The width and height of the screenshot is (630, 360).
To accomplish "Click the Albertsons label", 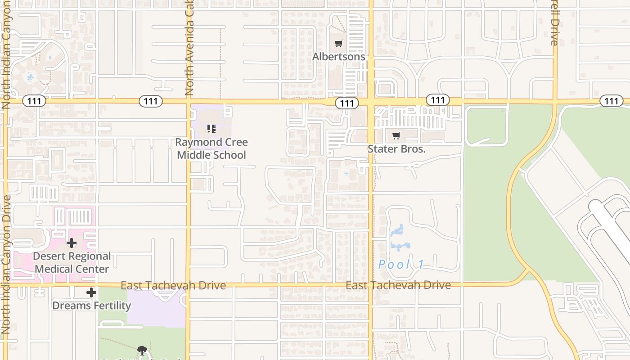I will point(339,57).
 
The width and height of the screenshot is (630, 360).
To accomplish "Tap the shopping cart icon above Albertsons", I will point(339,44).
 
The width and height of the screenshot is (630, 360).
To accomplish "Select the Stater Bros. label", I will point(396,149).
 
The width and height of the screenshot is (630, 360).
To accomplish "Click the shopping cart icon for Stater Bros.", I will point(396,136).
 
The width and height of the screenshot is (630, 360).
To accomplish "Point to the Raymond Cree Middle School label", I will point(211,148).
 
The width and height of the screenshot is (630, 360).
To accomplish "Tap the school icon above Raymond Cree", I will point(211,129).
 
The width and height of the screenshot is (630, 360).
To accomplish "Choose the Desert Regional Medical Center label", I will point(72,262).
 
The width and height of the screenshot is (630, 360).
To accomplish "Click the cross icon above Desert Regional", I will point(71,243).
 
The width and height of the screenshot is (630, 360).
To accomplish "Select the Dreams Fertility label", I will point(91,306).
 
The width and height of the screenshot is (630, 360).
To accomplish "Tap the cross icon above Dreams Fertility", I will point(91,293).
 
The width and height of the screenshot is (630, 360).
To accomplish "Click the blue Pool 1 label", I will point(401,265).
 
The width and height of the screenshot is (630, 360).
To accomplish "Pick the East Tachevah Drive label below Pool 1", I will point(398,285).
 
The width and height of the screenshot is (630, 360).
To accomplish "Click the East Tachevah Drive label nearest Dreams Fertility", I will point(173,285).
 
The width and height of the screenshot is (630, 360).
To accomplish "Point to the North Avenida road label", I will point(189,47).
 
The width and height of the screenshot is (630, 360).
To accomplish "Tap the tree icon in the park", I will point(142,350).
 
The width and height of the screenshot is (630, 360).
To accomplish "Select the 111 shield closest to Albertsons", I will point(347,103).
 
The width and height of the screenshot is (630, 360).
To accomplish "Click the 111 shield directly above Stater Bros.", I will point(437,100).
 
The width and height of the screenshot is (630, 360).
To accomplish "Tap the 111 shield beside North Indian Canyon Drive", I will point(34,101).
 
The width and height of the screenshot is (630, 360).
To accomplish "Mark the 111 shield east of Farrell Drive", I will point(611,101).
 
